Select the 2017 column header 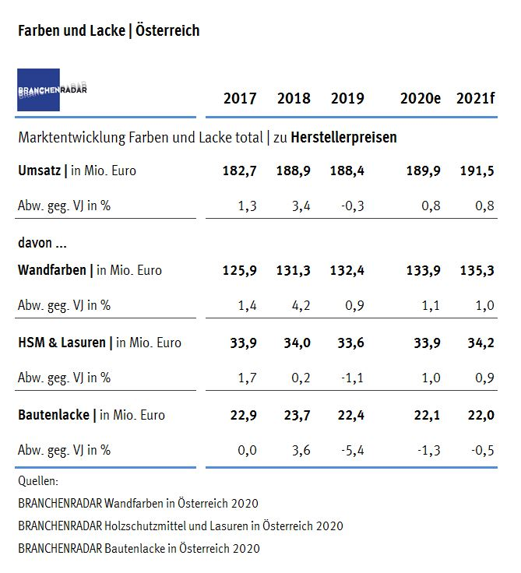pyautogui.click(x=240, y=98)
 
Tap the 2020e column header pyautogui.click(x=421, y=98)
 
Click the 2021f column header pyautogui.click(x=475, y=98)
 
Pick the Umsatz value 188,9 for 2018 pyautogui.click(x=294, y=170)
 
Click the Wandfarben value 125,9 pyautogui.click(x=240, y=270)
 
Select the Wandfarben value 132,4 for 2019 pyautogui.click(x=347, y=270)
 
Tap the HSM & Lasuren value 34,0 pyautogui.click(x=294, y=343)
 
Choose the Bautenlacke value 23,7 pyautogui.click(x=294, y=415)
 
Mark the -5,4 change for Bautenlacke pyautogui.click(x=352, y=450)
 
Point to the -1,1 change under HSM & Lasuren pyautogui.click(x=352, y=378)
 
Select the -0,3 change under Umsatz pyautogui.click(x=352, y=206)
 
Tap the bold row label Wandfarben pyautogui.click(x=53, y=270)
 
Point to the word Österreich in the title pyautogui.click(x=167, y=30)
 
